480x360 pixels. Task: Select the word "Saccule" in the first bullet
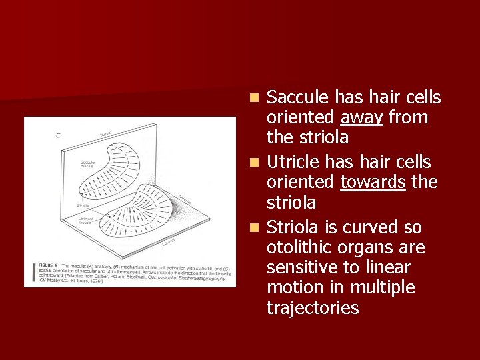click(297, 98)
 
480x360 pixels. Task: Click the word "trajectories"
click(313, 308)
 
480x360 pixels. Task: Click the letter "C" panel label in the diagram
click(59, 135)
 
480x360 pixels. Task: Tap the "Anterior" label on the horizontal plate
click(184, 198)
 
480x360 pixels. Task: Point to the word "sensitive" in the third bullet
click(297, 268)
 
